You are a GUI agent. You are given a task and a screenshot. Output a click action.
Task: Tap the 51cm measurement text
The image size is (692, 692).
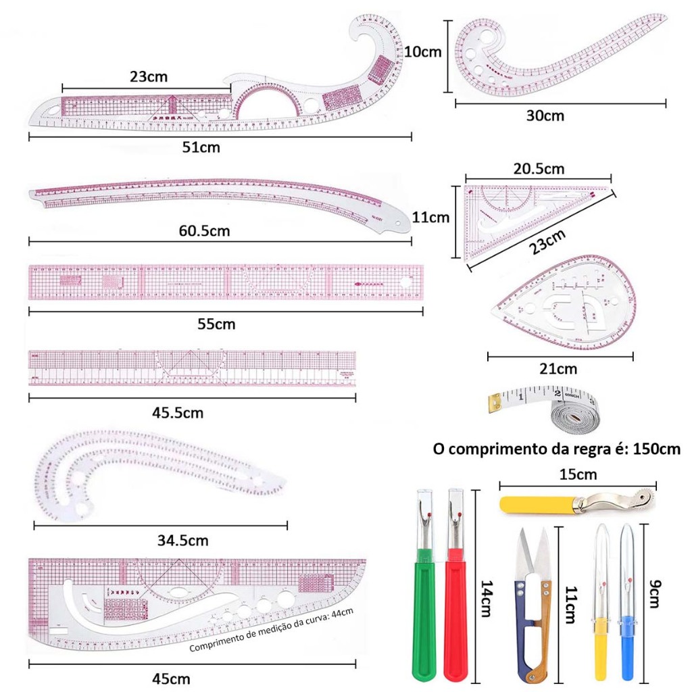(x=203, y=147)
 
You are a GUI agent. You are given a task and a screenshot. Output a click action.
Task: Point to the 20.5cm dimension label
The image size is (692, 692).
(x=538, y=169)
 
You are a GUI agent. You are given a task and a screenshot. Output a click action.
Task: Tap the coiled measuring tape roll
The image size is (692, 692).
(x=574, y=414)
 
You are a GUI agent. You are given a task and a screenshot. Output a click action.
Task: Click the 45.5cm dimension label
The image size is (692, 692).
(x=177, y=412)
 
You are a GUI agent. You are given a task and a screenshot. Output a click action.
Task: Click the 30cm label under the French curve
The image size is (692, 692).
(x=545, y=116)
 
